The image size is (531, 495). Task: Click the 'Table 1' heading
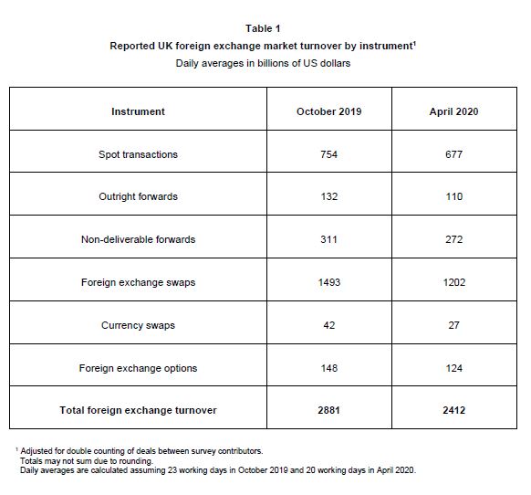tap(263, 28)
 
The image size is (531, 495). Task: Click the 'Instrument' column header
tap(138, 111)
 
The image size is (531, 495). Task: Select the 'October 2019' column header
tap(328, 111)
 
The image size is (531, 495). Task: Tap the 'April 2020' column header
tap(453, 111)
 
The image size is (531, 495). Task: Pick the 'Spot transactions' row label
tap(138, 154)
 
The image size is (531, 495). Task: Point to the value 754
tap(328, 154)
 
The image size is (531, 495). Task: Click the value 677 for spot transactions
tap(453, 154)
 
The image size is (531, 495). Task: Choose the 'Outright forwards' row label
tap(138, 197)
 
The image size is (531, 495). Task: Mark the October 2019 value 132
tap(328, 197)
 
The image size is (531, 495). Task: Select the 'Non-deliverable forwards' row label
tap(138, 239)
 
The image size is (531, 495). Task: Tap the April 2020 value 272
tap(453, 239)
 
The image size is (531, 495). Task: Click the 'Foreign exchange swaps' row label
tap(138, 282)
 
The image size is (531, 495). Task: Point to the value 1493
tap(328, 282)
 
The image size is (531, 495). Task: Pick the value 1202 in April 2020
tap(453, 282)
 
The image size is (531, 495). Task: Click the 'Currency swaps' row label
tap(138, 325)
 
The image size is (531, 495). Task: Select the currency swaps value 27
tap(453, 325)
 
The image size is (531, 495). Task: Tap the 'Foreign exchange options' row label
tap(138, 368)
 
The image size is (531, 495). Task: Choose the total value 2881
tap(328, 410)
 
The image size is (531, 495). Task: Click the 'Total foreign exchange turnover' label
tap(138, 410)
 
